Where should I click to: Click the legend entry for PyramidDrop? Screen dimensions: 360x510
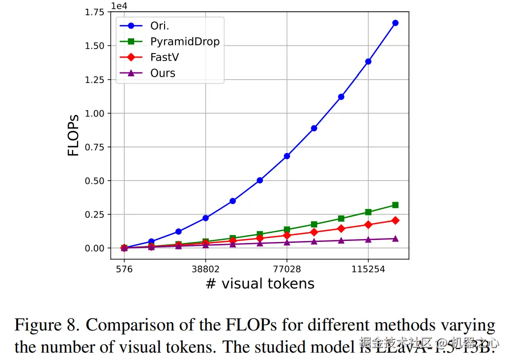pyautogui.click(x=185, y=41)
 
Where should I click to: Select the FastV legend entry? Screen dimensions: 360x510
pyautogui.click(x=165, y=57)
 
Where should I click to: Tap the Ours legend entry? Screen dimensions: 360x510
pyautogui.click(x=163, y=73)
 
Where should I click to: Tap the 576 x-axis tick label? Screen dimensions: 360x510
pyautogui.click(x=124, y=270)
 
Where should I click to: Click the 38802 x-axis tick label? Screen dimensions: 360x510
pyautogui.click(x=205, y=270)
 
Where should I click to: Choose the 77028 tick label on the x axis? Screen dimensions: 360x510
pyautogui.click(x=287, y=270)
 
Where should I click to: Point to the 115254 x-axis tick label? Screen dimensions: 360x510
pyautogui.click(x=368, y=270)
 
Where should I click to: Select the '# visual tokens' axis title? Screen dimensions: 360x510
pyautogui.click(x=260, y=284)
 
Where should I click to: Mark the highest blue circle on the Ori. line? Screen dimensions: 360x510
pyautogui.click(x=395, y=23)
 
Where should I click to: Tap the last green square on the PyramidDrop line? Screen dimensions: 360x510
pyautogui.click(x=395, y=205)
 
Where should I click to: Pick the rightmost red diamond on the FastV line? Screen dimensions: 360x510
pyautogui.click(x=395, y=220)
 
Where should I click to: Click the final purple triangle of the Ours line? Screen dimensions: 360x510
pyautogui.click(x=395, y=239)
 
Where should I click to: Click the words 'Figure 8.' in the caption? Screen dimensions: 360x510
pyautogui.click(x=47, y=325)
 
